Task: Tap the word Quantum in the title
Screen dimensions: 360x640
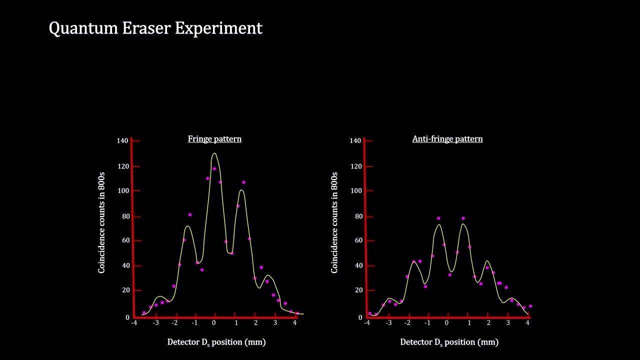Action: [x=83, y=29]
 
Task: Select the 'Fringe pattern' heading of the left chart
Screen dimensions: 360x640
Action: [x=214, y=139]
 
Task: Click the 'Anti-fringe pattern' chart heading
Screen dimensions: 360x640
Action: [x=447, y=139]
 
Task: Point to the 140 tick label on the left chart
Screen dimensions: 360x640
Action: [x=122, y=140]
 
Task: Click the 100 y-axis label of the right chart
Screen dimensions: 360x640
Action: [x=355, y=190]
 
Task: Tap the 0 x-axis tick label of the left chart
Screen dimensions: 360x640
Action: [x=213, y=323]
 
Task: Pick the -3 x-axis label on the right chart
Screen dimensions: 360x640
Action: [x=388, y=323]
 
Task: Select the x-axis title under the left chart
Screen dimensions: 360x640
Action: [x=216, y=342]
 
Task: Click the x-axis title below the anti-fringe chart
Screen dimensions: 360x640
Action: [x=449, y=342]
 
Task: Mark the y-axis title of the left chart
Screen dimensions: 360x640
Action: [x=102, y=222]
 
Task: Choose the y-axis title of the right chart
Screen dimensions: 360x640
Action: [x=334, y=222]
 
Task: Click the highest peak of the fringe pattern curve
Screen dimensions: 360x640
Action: [x=214, y=153]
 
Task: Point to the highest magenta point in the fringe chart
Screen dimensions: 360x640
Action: [x=214, y=168]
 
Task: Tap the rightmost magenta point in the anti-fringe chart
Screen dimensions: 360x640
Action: [x=530, y=306]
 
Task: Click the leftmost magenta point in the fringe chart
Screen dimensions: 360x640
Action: [x=144, y=312]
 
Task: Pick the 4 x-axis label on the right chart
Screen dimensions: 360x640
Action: [x=527, y=323]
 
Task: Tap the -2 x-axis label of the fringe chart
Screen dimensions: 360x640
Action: [x=174, y=323]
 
